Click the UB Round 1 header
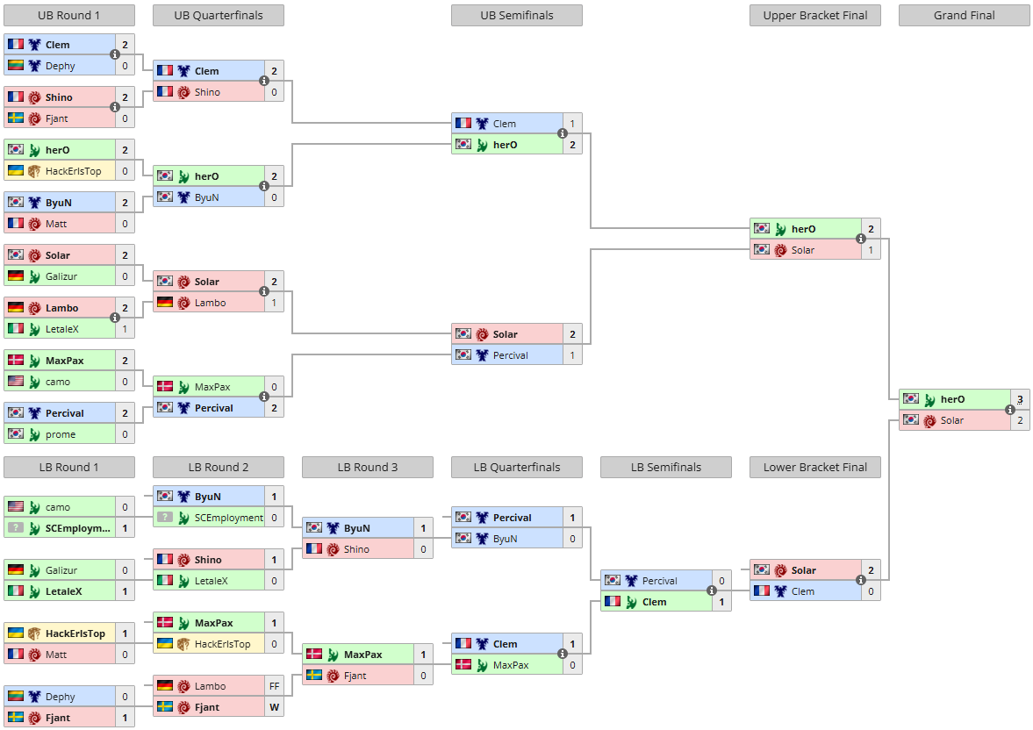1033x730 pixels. click(x=69, y=15)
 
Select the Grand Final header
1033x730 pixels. click(x=964, y=15)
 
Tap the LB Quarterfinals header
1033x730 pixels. click(x=516, y=467)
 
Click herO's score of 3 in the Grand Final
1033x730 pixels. click(x=1020, y=399)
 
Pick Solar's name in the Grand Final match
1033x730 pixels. click(x=952, y=420)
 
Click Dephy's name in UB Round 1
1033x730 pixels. click(x=60, y=66)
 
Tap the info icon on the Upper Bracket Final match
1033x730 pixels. click(x=861, y=239)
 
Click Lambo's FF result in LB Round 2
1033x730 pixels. click(x=274, y=686)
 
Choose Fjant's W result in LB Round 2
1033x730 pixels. click(x=274, y=707)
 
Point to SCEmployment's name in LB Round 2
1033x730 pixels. click(x=228, y=518)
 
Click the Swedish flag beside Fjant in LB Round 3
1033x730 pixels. click(x=314, y=675)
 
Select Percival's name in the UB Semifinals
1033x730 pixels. click(x=511, y=355)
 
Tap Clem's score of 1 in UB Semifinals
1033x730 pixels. click(x=572, y=124)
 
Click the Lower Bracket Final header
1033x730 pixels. click(x=815, y=467)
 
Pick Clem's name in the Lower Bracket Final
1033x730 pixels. click(x=802, y=591)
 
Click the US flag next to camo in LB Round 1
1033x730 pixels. click(x=16, y=506)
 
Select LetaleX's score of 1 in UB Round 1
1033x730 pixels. click(x=125, y=329)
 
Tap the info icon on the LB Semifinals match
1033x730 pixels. click(x=712, y=590)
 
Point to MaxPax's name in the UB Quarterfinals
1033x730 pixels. click(x=212, y=388)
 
